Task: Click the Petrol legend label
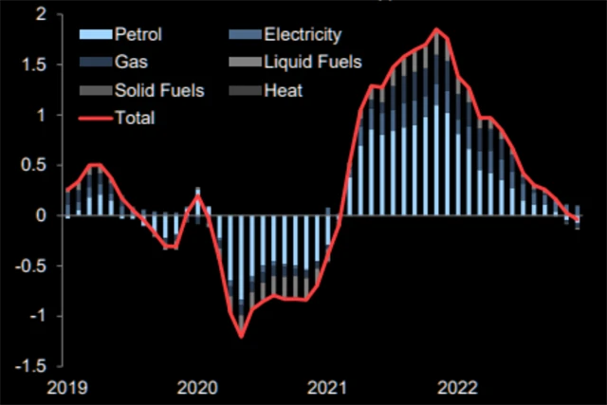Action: click(138, 36)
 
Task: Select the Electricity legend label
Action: click(302, 36)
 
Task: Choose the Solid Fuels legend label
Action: click(155, 91)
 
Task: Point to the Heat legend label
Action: click(284, 91)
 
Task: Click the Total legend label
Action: click(135, 119)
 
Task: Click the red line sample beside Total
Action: click(92, 119)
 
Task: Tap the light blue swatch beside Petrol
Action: click(92, 36)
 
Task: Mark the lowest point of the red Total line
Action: click(241, 336)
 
